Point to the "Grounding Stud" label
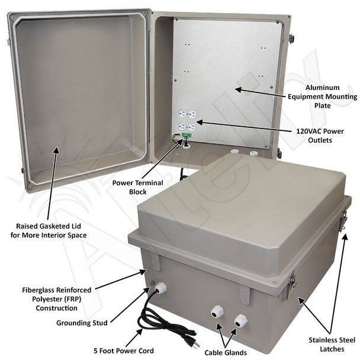tap(82, 323)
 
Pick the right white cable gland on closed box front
tap(239, 320)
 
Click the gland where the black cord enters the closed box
tap(159, 289)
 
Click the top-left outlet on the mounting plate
tap(182, 115)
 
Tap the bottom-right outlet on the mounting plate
tap(191, 127)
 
